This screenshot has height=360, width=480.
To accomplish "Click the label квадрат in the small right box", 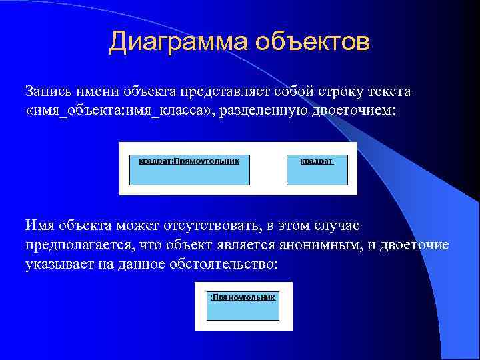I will (315, 161).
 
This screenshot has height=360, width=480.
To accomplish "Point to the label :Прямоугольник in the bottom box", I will (243, 295).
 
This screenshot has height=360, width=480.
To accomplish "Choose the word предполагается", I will (79, 245).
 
